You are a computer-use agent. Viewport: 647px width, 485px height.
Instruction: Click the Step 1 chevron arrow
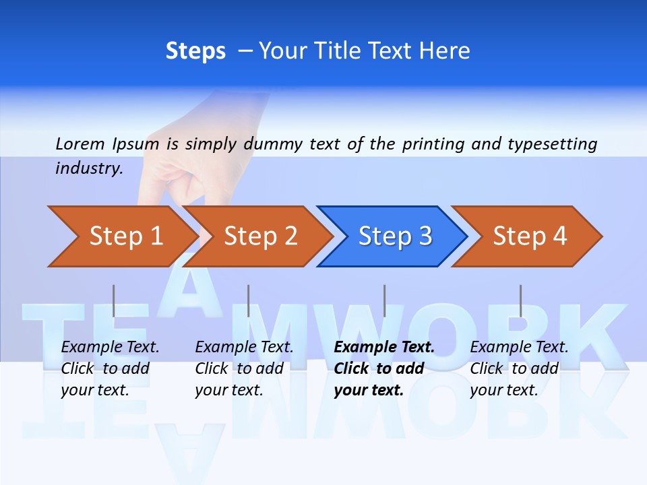tap(121, 236)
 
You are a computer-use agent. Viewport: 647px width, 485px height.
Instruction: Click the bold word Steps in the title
tap(195, 51)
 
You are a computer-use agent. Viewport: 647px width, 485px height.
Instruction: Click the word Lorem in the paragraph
tap(80, 143)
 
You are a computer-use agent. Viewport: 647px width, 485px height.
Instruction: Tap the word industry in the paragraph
tap(89, 168)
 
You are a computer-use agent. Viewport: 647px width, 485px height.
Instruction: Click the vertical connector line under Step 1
tap(114, 300)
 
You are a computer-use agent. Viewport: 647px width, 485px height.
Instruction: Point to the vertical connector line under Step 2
tap(249, 300)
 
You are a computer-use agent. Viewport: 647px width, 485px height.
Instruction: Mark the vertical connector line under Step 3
tap(384, 300)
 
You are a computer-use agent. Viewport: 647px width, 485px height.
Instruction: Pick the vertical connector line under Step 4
tap(520, 300)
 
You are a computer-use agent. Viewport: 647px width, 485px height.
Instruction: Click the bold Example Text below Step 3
tap(384, 348)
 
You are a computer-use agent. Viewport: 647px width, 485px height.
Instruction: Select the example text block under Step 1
tap(110, 368)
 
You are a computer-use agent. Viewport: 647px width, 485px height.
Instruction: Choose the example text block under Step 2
tap(244, 368)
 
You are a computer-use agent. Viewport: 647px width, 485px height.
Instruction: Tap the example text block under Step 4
tap(519, 368)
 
